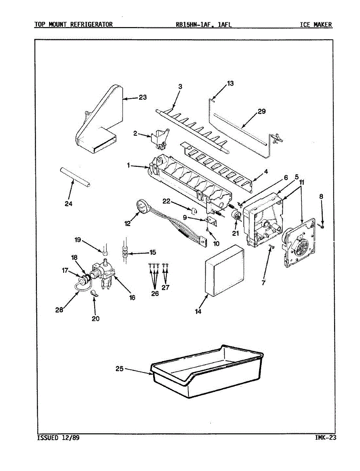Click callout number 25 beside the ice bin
120,369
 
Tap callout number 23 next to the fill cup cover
142,97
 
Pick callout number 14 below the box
198,311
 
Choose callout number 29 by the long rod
261,111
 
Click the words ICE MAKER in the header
316,25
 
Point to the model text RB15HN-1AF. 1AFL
204,25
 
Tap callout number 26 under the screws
155,294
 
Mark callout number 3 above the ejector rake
180,87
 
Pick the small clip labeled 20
94,293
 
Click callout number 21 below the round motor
236,234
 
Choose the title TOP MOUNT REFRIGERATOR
73,25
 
